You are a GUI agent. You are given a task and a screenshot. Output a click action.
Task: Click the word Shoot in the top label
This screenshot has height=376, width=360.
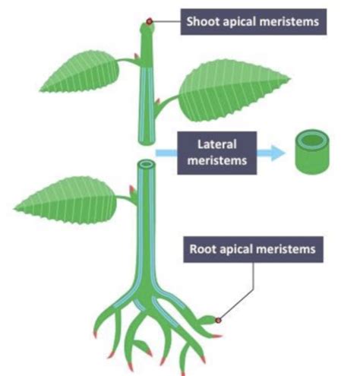click(203, 21)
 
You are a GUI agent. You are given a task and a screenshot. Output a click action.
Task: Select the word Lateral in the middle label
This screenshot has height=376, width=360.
click(217, 144)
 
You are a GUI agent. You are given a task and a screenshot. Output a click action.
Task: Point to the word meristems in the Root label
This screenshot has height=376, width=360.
click(287, 249)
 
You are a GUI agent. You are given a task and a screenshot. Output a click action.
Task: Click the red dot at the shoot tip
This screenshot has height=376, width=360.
click(150, 21)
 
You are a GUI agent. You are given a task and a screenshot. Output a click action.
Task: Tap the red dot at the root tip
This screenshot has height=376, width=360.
click(218, 321)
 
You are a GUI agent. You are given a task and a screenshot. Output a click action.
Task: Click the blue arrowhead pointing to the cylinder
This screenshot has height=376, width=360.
click(278, 153)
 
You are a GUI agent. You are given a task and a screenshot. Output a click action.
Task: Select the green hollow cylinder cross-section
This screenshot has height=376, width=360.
click(312, 152)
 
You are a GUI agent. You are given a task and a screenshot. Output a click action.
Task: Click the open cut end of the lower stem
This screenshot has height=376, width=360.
click(147, 164)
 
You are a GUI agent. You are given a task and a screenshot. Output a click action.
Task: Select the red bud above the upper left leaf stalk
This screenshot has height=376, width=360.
click(137, 56)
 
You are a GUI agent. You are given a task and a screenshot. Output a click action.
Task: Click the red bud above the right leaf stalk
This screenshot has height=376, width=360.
click(158, 102)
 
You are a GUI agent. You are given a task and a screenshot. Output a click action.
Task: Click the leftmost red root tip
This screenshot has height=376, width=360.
click(96, 335)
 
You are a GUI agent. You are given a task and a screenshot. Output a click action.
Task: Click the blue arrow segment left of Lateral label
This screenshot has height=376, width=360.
click(166, 153)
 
